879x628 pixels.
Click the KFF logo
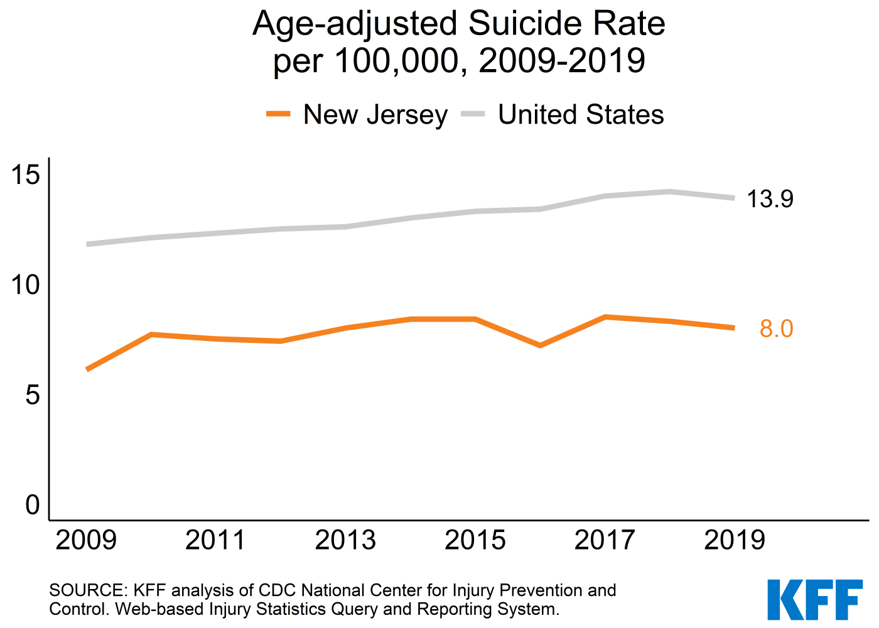click(x=815, y=599)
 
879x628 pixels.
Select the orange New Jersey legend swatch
click(x=278, y=114)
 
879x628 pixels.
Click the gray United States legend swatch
click(x=473, y=114)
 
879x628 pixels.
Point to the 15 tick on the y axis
click(x=26, y=175)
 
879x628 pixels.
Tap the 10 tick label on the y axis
click(x=26, y=284)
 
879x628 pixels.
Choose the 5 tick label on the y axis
click(x=33, y=395)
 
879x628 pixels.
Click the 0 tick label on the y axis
click(x=33, y=505)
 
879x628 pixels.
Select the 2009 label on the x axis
click(x=87, y=540)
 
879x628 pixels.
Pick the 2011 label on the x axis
click(x=216, y=540)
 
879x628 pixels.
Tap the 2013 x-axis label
click(x=345, y=540)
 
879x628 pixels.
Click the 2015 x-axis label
click(x=475, y=540)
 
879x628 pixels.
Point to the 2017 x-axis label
click(x=605, y=540)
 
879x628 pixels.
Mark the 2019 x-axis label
click(x=735, y=540)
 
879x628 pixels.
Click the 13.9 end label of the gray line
click(x=770, y=198)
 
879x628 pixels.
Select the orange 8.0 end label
click(x=776, y=328)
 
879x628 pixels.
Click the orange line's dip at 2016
click(x=540, y=345)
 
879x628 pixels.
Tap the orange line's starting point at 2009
click(x=87, y=369)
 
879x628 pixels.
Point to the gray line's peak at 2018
click(x=670, y=192)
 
